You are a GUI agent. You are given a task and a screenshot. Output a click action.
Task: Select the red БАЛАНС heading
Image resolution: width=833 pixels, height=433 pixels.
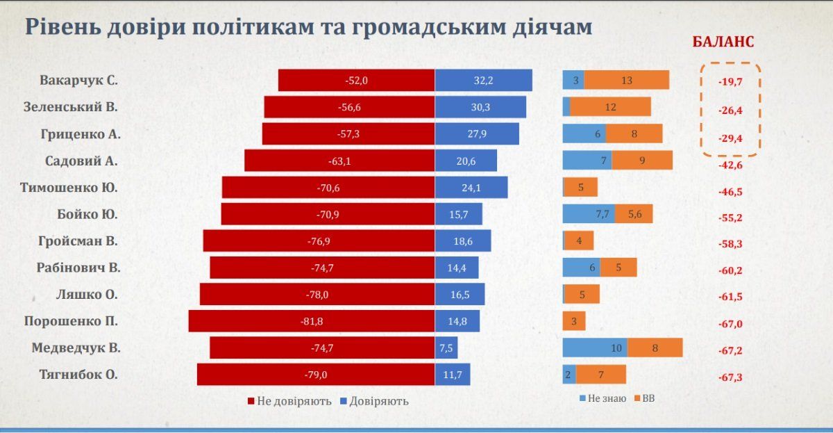click(723, 42)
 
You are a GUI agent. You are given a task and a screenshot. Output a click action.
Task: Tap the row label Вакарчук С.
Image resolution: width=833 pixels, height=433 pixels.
click(78, 80)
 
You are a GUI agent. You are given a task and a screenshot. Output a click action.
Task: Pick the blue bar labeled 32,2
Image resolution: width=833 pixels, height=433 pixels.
click(483, 81)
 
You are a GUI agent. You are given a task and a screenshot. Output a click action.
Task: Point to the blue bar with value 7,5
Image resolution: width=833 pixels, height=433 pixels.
click(446, 348)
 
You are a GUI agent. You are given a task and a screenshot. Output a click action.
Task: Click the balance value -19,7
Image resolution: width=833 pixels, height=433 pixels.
click(730, 81)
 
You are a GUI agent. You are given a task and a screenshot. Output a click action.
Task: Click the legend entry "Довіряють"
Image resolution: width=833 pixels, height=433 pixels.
click(374, 401)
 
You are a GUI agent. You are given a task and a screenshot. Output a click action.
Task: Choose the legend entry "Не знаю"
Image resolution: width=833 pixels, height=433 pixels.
click(602, 398)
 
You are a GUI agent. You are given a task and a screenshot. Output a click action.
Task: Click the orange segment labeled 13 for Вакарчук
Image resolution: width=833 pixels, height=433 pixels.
click(627, 81)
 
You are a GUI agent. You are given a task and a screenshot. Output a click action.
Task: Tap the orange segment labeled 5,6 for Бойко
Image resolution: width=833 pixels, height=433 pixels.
click(634, 215)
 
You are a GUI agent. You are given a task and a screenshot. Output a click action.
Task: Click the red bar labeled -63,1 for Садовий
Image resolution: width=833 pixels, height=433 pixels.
click(339, 161)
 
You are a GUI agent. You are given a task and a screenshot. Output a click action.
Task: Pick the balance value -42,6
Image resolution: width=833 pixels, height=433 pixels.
click(730, 165)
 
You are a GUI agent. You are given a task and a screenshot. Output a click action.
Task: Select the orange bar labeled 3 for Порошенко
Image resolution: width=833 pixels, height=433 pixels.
click(574, 321)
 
